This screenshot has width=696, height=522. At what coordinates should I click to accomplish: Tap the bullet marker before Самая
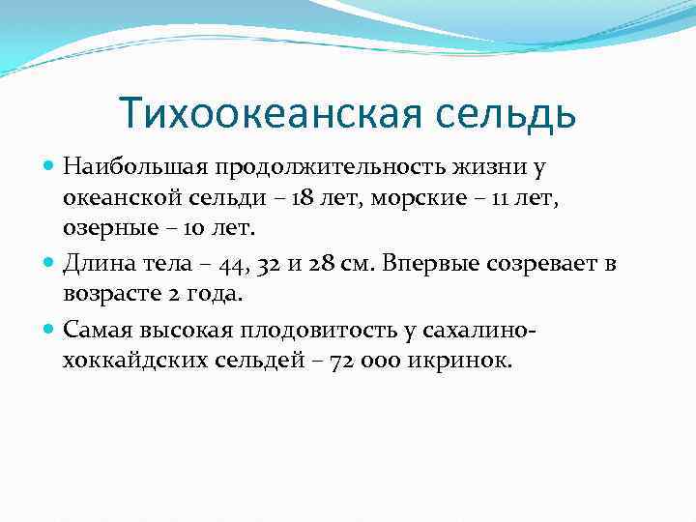click(x=50, y=330)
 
